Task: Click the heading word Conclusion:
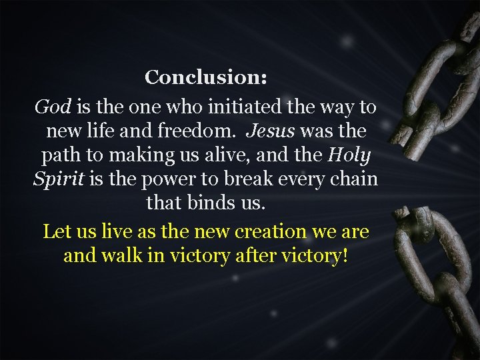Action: coord(206,77)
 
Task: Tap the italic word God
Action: coord(53,107)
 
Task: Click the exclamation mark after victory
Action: coord(344,256)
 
